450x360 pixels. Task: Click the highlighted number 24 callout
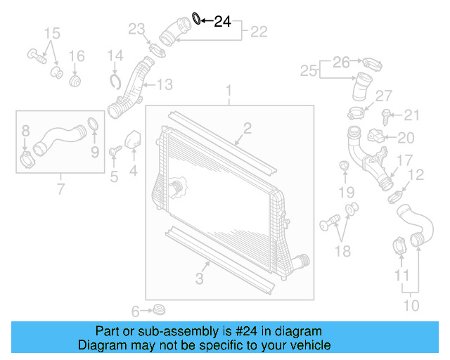pos(222,22)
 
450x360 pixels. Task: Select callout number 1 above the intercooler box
pos(229,91)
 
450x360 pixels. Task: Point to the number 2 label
pos(247,127)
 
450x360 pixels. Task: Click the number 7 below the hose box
pos(61,188)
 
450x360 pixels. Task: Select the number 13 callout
pos(164,85)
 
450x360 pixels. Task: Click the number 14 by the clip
pos(115,55)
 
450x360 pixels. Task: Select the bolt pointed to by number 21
pos(385,113)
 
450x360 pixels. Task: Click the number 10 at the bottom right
pos(411,306)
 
